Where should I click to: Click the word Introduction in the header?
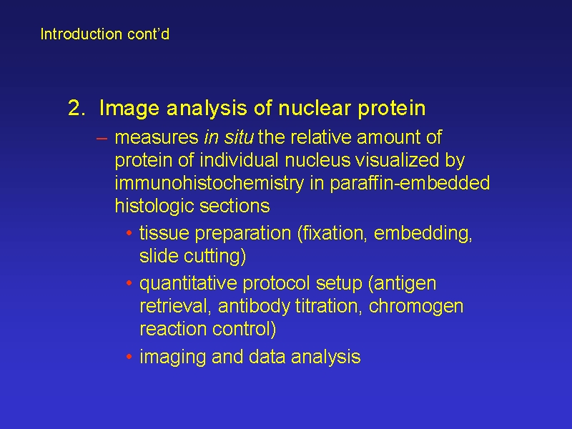81,34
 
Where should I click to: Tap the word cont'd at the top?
149,34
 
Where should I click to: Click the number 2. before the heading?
77,108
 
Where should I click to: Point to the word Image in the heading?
129,109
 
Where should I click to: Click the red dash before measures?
102,138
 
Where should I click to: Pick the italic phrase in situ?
229,137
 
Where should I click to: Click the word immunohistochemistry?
209,184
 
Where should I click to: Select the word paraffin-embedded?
410,184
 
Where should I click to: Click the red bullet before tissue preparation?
129,233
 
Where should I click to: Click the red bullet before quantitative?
129,283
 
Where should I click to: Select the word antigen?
405,284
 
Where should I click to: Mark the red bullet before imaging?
129,356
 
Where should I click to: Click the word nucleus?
317,160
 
